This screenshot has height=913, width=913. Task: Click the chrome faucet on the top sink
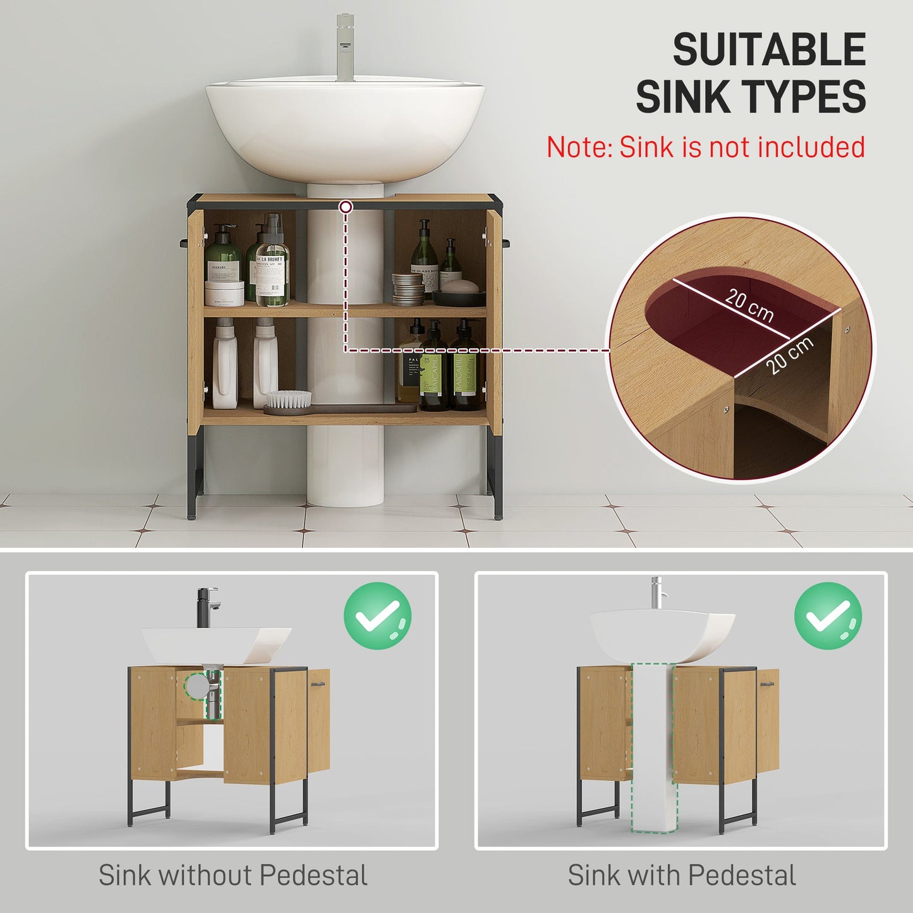pos(345,48)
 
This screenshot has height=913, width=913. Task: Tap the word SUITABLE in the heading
pos(768,50)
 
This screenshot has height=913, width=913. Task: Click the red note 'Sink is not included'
pos(705,147)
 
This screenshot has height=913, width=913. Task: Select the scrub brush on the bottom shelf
pos(289,402)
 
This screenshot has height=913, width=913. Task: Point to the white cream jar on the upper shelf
pos(224,293)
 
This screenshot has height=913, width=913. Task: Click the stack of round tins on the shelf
pos(408,289)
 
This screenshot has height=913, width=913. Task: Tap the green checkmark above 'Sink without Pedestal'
pos(377,616)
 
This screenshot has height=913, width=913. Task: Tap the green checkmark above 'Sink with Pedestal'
pos(828,616)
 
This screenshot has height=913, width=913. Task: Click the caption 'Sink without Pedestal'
pos(233,876)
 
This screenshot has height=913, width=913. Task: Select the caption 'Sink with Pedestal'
pos(681,876)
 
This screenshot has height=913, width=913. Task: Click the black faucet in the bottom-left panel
pos(207,607)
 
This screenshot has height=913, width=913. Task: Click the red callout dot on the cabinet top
pos(346,207)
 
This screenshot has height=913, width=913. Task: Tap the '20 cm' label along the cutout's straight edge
pos(749,305)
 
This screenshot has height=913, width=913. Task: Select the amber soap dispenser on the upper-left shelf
pos(273,262)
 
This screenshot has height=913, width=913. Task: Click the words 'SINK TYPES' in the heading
pos(751,97)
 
